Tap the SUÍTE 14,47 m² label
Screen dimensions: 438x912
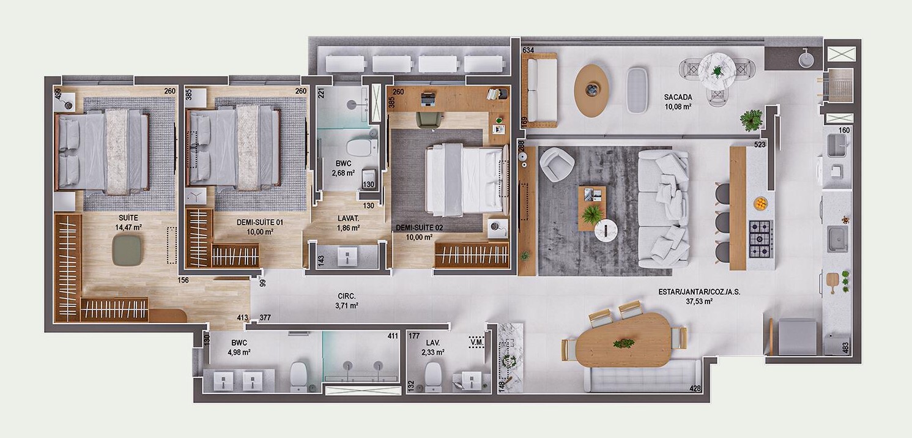(x=128, y=223)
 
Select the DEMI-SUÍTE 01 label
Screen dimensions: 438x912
(x=255, y=227)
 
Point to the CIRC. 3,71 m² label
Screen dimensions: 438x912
(x=346, y=301)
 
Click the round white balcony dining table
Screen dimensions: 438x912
(x=717, y=68)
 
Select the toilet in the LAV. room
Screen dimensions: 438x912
(x=433, y=376)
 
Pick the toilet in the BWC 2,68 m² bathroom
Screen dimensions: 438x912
(x=358, y=147)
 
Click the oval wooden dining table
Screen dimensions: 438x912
(x=625, y=340)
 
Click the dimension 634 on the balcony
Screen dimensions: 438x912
(x=528, y=50)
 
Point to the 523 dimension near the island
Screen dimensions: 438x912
(x=760, y=146)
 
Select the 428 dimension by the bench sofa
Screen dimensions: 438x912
(x=694, y=388)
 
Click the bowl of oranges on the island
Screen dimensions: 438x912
(x=760, y=202)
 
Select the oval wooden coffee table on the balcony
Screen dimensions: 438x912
(x=591, y=90)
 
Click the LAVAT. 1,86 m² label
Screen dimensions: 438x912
(x=347, y=223)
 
